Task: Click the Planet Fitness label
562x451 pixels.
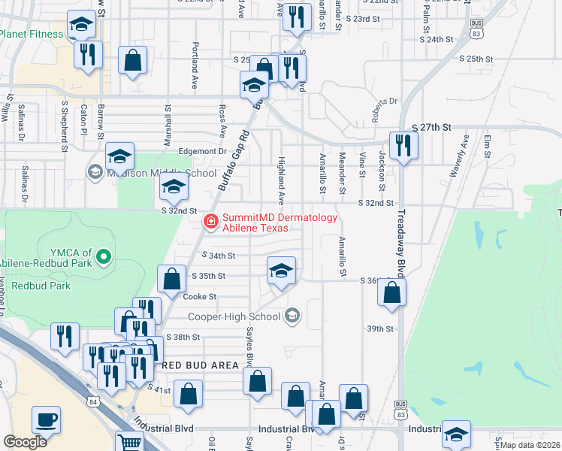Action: [32, 34]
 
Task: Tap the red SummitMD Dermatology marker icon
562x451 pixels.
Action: [211, 221]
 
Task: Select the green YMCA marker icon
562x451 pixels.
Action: [104, 258]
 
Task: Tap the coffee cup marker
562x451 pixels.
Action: [46, 419]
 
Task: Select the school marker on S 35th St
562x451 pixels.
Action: [280, 271]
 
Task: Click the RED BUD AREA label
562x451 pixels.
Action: [201, 365]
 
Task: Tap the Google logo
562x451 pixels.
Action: [25, 442]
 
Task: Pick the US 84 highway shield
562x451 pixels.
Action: [92, 401]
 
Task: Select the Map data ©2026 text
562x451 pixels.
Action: [531, 445]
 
